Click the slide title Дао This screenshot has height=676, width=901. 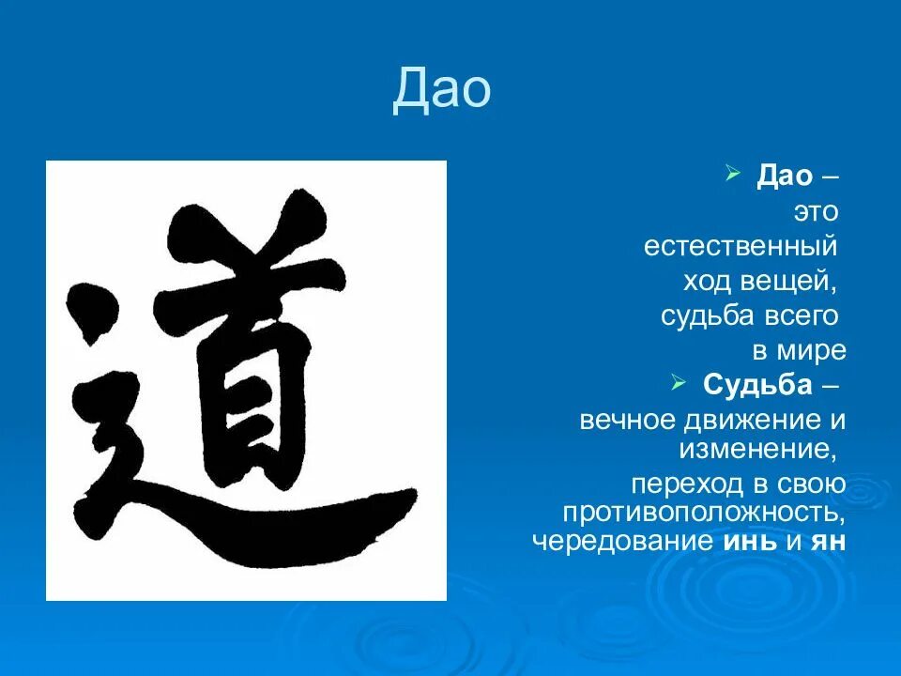pos(441,90)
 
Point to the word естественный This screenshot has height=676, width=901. pos(740,247)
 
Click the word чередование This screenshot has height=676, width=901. pos(622,542)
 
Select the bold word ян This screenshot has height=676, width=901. pos(828,542)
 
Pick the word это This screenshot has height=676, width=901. pos(815,212)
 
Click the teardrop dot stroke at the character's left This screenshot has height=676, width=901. pos(92,305)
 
